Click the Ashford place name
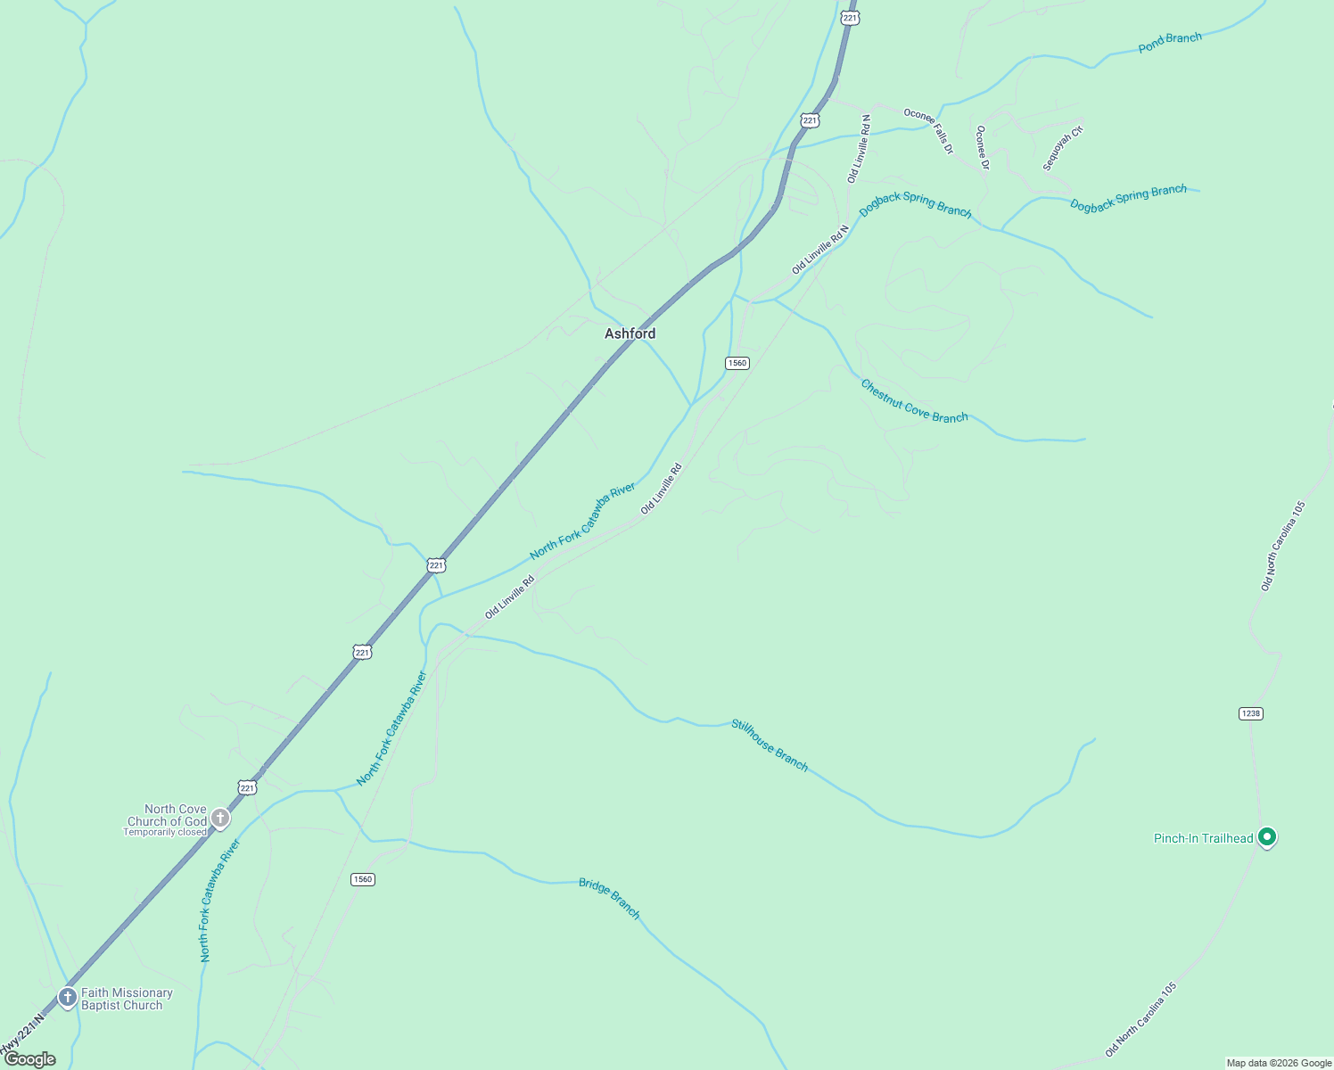click(630, 333)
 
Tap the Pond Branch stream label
click(1170, 42)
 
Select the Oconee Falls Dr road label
click(929, 130)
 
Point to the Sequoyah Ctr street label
click(1063, 148)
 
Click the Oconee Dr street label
click(982, 147)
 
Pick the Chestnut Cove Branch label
click(914, 401)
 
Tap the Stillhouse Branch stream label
click(770, 745)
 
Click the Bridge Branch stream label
click(610, 898)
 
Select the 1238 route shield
click(1251, 713)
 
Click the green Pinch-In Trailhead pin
click(1267, 837)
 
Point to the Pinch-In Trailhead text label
click(1203, 838)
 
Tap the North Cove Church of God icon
click(220, 818)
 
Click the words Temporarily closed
click(165, 833)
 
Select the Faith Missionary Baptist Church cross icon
click(67, 997)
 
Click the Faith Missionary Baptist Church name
click(127, 999)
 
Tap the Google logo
click(29, 1059)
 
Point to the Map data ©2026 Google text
click(1279, 1063)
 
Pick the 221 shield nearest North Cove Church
click(248, 787)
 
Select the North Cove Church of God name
click(168, 815)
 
